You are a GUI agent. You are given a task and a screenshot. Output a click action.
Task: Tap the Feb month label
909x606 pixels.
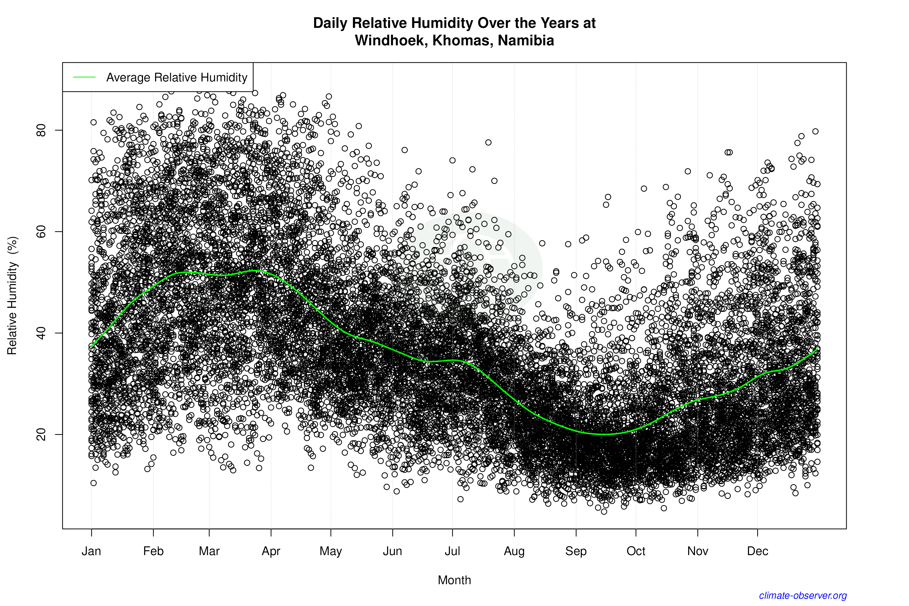coord(153,551)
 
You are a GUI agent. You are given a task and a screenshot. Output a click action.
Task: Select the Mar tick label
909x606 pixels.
coord(209,551)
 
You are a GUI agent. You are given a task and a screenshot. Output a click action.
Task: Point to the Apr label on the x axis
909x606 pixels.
coord(271,551)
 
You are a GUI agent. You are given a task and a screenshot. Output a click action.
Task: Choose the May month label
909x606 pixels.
coord(331,551)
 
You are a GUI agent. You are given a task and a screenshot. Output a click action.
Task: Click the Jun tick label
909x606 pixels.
coord(393,551)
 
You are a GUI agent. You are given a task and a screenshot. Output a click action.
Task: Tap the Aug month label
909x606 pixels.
coord(514,551)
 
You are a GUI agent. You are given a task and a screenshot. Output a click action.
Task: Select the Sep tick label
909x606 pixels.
coord(576,551)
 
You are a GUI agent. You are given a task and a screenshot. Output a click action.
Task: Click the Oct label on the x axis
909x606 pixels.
coord(636,551)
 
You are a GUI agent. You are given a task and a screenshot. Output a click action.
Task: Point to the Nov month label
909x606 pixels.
coord(698,551)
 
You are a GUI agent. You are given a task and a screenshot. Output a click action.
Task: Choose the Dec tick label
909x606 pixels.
coord(757,551)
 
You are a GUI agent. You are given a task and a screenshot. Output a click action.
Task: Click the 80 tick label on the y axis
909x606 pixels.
coord(41,130)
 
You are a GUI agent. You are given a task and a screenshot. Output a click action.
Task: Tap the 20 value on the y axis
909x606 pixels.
coord(41,434)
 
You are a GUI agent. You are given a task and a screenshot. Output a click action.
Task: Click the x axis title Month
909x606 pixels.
coord(454,580)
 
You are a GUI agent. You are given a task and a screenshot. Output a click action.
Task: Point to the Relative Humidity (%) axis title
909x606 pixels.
coord(12,296)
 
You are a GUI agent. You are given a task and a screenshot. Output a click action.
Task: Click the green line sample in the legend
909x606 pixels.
coord(84,77)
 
